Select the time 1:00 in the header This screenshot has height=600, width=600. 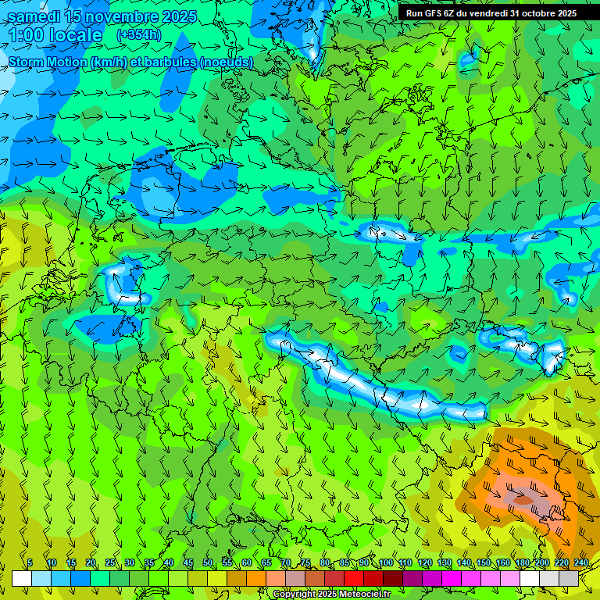pos(26,35)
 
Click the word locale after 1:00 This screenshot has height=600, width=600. pos(75,35)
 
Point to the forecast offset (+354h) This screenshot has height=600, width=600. pos(139,35)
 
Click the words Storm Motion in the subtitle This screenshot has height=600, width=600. pos(47,62)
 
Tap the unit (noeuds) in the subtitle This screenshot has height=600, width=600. pos(226,62)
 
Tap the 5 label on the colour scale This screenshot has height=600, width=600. pos(30,563)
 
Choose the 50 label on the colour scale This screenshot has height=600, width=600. pos(208,563)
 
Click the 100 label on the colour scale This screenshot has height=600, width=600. pos(385,563)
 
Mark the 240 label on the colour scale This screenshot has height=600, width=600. pos(580,563)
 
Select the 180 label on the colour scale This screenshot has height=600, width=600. pos(522,563)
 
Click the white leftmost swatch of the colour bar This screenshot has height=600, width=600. pos(22,578)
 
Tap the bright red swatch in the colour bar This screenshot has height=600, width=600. pos(354,578)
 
